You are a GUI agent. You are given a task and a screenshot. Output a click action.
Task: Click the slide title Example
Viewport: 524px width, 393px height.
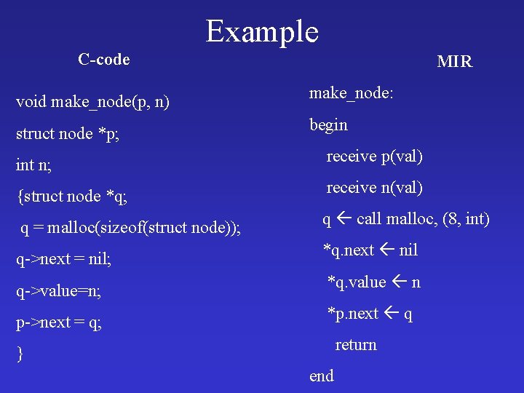262,31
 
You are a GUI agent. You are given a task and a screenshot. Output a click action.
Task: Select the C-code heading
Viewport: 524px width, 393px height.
104,59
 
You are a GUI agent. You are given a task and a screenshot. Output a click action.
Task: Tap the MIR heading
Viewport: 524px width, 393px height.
454,62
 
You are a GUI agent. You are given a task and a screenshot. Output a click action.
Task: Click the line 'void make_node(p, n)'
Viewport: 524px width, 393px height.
93,102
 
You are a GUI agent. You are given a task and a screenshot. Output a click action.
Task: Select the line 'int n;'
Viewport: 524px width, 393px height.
33,165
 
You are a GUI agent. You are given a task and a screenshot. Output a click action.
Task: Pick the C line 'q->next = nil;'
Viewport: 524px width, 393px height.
63,260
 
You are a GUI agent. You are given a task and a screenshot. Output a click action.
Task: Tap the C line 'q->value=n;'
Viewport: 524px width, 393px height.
58,291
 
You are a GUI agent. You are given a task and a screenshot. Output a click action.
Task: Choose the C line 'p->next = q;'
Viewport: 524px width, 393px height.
59,322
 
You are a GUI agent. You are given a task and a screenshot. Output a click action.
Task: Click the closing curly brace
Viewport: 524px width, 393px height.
20,354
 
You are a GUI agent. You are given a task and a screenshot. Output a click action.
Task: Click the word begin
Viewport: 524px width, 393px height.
329,125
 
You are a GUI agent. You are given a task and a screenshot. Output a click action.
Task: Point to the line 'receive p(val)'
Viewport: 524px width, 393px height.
374,156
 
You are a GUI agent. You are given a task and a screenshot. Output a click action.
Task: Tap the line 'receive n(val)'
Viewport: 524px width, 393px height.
374,188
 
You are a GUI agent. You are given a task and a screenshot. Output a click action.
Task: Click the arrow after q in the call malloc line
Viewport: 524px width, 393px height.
344,219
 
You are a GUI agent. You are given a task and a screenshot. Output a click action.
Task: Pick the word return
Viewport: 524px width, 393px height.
355,345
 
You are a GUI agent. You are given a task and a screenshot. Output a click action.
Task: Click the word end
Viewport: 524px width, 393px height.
322,376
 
